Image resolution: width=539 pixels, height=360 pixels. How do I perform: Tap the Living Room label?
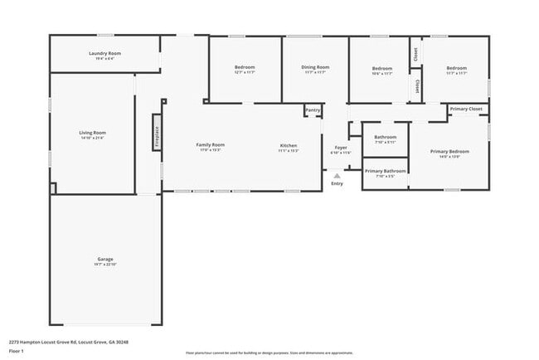coord(93,133)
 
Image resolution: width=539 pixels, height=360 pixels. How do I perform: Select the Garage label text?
coord(105,259)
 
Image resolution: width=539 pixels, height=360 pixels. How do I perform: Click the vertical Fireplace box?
coord(155,133)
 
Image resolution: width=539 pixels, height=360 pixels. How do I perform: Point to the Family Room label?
coord(210,144)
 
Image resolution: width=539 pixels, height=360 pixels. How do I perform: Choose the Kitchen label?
coord(288,145)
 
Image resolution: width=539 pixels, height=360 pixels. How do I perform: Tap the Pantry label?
coord(313,109)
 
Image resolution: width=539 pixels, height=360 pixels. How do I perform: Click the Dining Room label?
coord(315,67)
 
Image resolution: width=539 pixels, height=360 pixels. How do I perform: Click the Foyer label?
coord(341,148)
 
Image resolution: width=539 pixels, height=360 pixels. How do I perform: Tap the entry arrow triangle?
coord(336,176)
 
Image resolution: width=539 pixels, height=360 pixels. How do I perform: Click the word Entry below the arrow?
coord(337,183)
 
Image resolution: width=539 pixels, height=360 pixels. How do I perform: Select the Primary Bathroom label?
coord(385,171)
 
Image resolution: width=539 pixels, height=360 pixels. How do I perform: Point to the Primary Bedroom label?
coord(449,151)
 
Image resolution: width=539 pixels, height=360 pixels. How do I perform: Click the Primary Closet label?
coord(466,109)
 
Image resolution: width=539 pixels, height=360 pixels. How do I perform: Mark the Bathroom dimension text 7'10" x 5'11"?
coord(386,142)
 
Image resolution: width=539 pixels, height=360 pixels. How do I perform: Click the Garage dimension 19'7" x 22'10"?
coord(105,264)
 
